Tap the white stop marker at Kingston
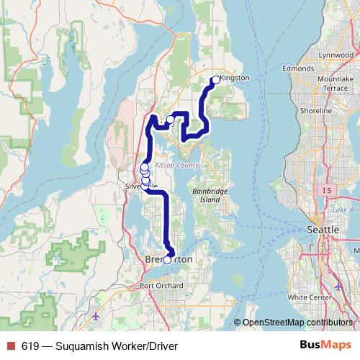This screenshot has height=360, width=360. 215,80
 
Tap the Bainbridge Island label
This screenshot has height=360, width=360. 211,194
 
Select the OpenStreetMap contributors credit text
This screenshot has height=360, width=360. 297,323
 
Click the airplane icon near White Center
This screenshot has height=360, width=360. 339,287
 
